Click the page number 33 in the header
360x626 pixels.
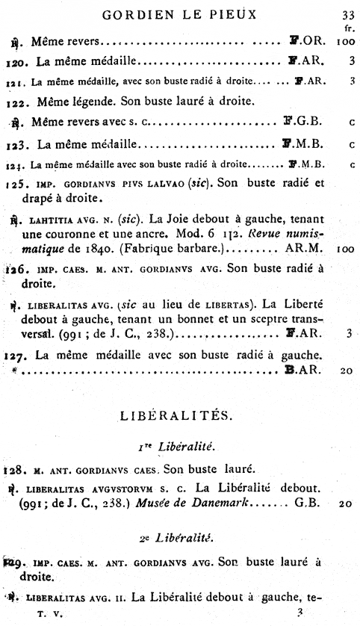347,14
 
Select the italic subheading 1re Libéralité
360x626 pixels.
180,447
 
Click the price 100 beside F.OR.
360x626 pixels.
344,44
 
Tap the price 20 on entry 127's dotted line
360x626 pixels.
344,370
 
